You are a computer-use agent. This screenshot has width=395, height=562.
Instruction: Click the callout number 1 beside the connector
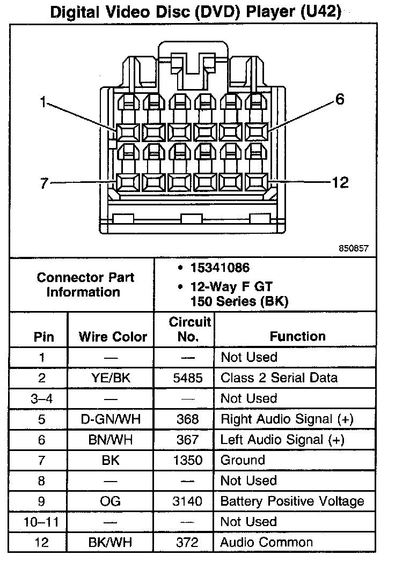43,102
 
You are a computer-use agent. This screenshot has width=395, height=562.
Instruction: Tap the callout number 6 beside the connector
340,100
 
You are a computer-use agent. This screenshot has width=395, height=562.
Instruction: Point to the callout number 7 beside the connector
44,183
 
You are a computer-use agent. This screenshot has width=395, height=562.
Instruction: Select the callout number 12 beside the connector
340,183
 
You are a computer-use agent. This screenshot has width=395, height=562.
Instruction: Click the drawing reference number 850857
354,248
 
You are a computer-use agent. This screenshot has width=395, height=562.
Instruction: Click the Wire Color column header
113,337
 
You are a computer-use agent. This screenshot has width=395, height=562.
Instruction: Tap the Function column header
297,336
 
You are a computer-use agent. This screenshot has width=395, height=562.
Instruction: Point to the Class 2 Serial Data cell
279,378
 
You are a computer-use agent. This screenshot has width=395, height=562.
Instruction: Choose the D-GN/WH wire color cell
111,419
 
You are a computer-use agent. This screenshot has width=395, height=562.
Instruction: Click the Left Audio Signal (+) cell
282,440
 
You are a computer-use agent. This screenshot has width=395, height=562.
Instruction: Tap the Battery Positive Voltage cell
292,501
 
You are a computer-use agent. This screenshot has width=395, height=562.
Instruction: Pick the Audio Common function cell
267,542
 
